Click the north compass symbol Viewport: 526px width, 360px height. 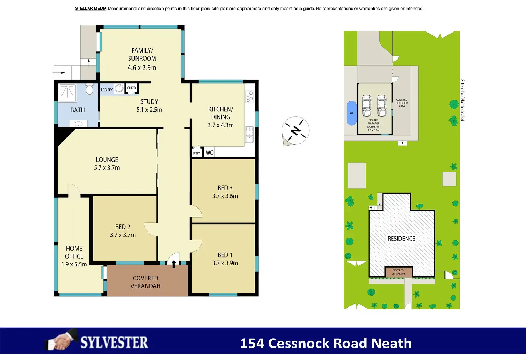pyautogui.click(x=296, y=131)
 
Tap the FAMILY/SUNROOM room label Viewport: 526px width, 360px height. pyautogui.click(x=142, y=55)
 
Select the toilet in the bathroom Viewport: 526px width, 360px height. pyautogui.click(x=89, y=89)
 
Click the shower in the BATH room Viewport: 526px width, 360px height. pyautogui.click(x=67, y=92)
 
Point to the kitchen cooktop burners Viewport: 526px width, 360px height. pyautogui.click(x=249, y=97)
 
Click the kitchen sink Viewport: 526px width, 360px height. pyautogui.click(x=249, y=134)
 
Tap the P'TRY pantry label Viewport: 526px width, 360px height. pyautogui.click(x=197, y=153)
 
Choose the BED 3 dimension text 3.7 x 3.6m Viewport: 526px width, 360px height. pyautogui.click(x=225, y=196)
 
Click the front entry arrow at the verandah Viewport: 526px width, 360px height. pyautogui.click(x=174, y=264)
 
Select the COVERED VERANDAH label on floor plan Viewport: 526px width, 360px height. pyautogui.click(x=145, y=282)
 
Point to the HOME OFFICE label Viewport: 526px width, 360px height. pyautogui.click(x=74, y=252)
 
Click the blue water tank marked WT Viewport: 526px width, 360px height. pyautogui.click(x=352, y=113)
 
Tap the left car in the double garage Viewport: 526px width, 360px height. pyautogui.click(x=367, y=106)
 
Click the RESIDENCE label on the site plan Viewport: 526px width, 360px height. pyautogui.click(x=401, y=239)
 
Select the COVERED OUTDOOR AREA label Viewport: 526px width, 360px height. pyautogui.click(x=402, y=103)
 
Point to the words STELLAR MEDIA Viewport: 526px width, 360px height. pyautogui.click(x=91, y=9)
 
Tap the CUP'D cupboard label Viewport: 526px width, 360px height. pyautogui.click(x=131, y=88)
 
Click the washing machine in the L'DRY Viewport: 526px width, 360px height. pyautogui.click(x=119, y=89)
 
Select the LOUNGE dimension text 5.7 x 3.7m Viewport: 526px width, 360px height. pyautogui.click(x=107, y=168)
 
